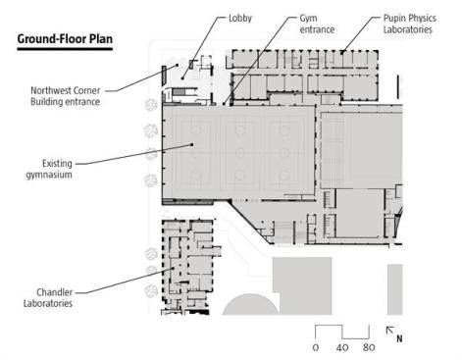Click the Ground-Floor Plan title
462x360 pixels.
tap(65, 39)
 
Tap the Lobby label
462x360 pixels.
tap(240, 18)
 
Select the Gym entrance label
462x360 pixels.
tap(317, 24)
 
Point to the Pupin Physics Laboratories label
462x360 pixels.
tap(409, 24)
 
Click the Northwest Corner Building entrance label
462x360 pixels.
tap(65, 96)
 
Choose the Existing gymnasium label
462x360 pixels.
tap(49, 169)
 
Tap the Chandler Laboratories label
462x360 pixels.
tap(48, 297)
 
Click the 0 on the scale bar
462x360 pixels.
tap(316, 347)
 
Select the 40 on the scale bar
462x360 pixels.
tap(342, 347)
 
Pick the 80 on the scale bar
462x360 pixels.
tap(369, 347)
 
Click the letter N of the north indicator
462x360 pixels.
tap(399, 338)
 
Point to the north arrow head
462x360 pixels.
tap(388, 329)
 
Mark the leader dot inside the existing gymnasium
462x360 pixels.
tap(192, 144)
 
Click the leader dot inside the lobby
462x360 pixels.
tap(182, 78)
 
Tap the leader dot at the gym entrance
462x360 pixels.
tap(224, 104)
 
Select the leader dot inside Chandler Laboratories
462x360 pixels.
tap(174, 269)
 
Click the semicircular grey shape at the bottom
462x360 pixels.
tap(250, 306)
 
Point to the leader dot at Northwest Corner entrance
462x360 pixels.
tap(178, 65)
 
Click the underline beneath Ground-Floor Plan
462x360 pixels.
tap(65, 49)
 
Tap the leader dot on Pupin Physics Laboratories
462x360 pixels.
tap(342, 52)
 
